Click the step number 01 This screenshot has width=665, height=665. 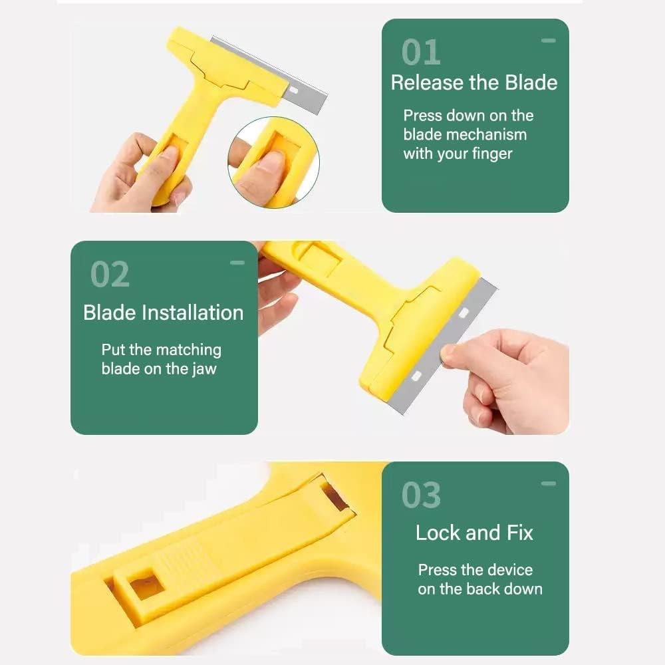pos(421,53)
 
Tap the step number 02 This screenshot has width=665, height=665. pos(110,274)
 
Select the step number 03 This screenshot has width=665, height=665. pos(421,495)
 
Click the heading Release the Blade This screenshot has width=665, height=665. pos(474,83)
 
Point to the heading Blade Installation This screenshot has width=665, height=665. pos(164,313)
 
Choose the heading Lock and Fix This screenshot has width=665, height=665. pos(474,533)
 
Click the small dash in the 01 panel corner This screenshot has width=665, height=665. pos(548,41)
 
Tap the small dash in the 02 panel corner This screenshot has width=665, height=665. pos(237,263)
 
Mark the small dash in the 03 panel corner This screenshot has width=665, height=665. pos(548,483)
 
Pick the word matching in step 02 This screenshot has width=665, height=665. pos(187,350)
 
